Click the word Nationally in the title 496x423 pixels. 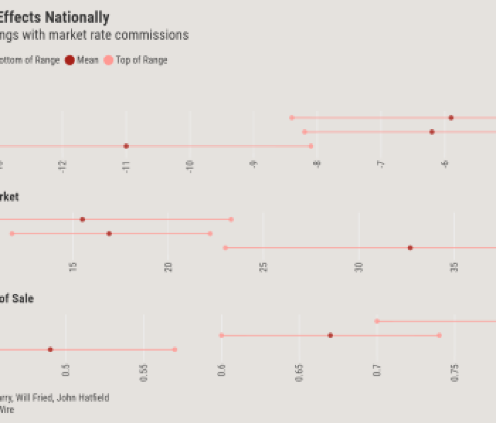(77, 18)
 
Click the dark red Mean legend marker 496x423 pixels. (69, 60)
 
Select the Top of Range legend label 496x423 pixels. (142, 60)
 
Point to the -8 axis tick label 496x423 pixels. (317, 165)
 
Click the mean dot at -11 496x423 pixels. (126, 146)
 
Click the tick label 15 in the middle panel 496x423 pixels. (73, 267)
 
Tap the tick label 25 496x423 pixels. (264, 267)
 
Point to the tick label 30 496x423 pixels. (359, 267)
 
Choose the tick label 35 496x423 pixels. (454, 267)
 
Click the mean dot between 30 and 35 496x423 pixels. (410, 248)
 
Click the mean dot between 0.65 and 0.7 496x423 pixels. (330, 335)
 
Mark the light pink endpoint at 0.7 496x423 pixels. (377, 321)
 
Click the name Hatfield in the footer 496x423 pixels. (94, 398)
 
